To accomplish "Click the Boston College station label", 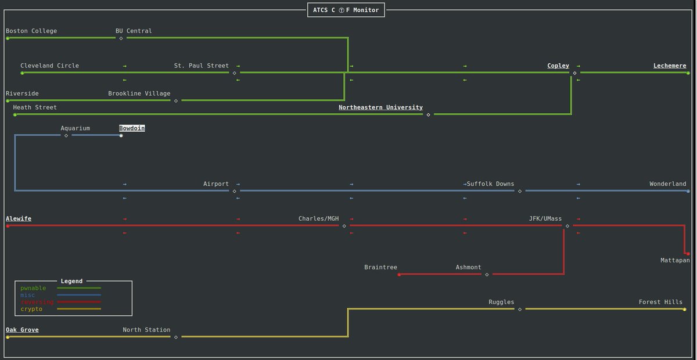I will (x=31, y=31).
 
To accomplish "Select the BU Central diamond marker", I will (x=121, y=38).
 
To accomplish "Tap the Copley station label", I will (x=558, y=66).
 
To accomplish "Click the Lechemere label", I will (x=669, y=66).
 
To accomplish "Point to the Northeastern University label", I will (x=380, y=107).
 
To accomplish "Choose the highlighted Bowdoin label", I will (x=132, y=128).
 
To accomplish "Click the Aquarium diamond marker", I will (x=66, y=136).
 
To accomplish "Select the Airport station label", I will (x=216, y=184).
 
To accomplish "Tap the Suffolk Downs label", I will (x=491, y=184).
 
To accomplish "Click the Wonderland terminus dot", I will (x=688, y=191).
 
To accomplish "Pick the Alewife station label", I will (x=19, y=219).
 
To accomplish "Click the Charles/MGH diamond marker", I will (x=344, y=226).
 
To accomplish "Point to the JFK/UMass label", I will (x=545, y=219).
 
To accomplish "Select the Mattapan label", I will (x=675, y=260).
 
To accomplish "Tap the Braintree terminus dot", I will (x=399, y=275).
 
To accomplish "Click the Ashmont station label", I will (x=468, y=268).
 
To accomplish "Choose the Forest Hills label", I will (x=660, y=302).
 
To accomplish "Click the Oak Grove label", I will (x=22, y=330).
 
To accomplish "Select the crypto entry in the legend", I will (x=31, y=309).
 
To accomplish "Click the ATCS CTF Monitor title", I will (x=346, y=10).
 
